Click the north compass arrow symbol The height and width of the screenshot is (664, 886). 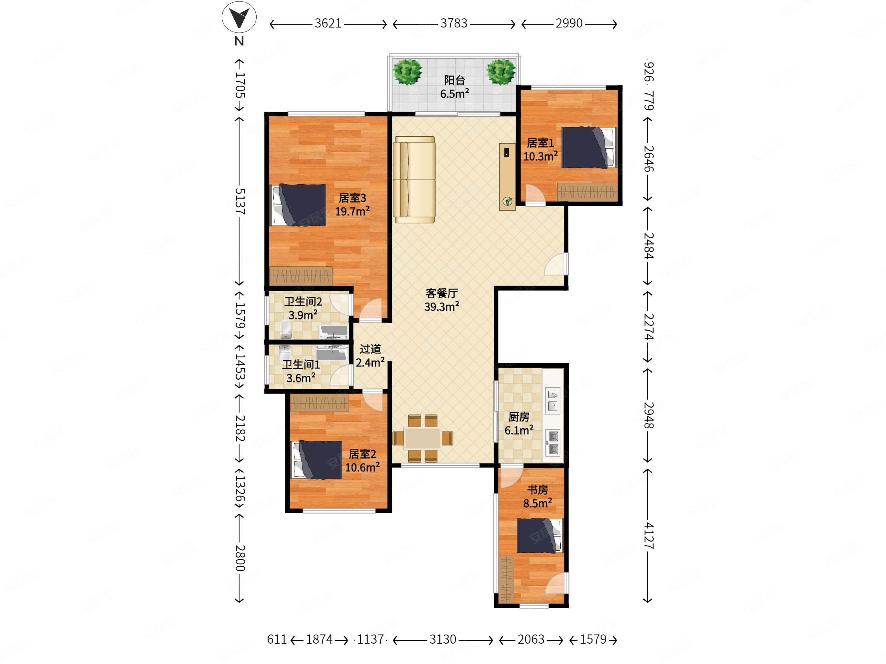[x=239, y=17]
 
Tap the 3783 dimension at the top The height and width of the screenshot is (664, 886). [x=454, y=24]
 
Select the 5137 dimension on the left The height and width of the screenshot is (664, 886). [x=239, y=201]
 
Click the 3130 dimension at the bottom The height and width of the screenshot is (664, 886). [x=443, y=640]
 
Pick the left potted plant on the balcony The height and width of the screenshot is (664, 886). [x=407, y=72]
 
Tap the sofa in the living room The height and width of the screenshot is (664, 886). [x=414, y=180]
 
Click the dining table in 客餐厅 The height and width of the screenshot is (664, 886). [x=423, y=438]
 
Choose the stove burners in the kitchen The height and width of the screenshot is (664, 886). [x=554, y=443]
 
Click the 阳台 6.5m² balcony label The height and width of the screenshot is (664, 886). [x=455, y=87]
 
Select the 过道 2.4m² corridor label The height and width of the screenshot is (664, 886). [x=370, y=356]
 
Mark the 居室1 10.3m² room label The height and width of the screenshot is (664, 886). [x=540, y=150]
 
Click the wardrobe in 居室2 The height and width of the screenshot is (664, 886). [x=319, y=403]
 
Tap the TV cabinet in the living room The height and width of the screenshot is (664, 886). [x=507, y=177]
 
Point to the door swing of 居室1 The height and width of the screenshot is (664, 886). [x=535, y=195]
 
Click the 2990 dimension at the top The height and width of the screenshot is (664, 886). [x=569, y=24]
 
